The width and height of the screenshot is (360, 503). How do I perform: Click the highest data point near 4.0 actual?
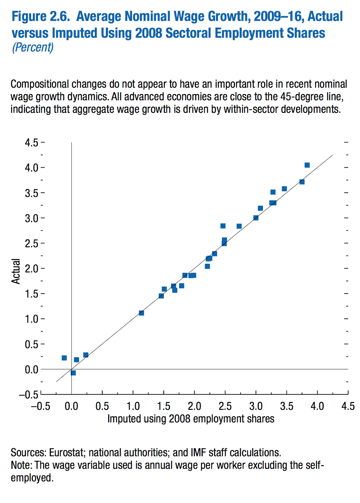point(307,165)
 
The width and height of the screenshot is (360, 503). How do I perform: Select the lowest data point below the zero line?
point(73,373)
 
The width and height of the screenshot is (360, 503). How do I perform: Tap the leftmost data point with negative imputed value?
point(64,358)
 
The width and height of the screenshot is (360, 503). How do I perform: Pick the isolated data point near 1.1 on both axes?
point(141,313)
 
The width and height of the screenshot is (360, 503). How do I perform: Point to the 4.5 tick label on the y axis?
point(31,143)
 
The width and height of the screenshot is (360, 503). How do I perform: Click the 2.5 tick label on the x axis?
point(225,406)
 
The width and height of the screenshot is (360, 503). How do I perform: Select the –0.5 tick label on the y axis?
point(29,395)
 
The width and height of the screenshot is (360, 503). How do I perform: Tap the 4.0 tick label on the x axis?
point(317,406)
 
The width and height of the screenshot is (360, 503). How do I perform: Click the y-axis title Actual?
point(16,271)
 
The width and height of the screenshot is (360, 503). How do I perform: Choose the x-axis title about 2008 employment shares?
point(191,419)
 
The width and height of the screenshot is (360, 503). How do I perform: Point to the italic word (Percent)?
point(33,47)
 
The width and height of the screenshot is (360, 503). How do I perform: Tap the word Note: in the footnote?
point(21,465)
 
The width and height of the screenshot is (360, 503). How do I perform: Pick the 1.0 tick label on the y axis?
point(31,319)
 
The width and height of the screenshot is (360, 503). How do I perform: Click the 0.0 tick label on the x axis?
point(71,406)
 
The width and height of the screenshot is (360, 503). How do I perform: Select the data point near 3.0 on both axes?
point(256,218)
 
